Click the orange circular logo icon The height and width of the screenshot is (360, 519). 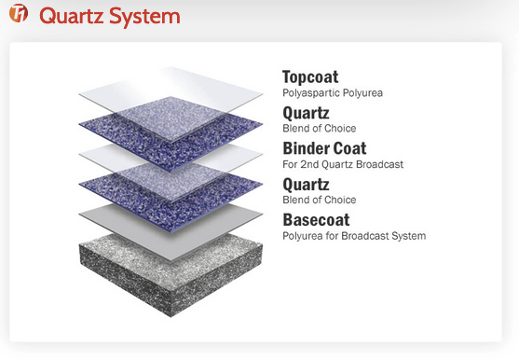coord(19,13)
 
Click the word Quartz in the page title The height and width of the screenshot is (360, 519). coord(72,17)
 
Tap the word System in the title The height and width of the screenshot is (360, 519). coord(144,17)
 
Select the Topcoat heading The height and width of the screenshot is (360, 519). coord(310,77)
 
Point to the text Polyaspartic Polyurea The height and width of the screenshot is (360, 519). coord(333,93)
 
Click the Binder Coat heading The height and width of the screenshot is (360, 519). coord(324,148)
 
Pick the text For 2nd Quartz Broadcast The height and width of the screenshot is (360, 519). coord(343,164)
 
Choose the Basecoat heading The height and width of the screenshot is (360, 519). coord(316,220)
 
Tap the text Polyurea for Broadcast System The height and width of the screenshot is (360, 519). coord(354,236)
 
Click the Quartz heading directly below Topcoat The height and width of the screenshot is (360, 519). coord(306,113)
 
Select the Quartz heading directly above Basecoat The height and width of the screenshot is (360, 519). coord(306,185)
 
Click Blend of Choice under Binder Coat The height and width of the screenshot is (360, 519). coord(320,200)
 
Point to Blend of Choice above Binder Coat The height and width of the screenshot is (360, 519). coord(320,129)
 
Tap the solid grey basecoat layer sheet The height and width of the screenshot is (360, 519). coord(171,232)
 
